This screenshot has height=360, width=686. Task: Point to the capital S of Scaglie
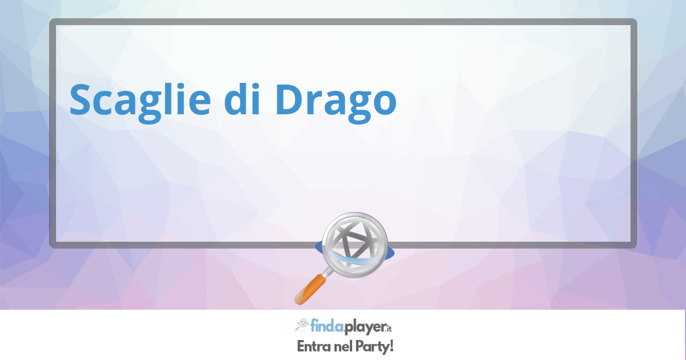pyautogui.click(x=81, y=99)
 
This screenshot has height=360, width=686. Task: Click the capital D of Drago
pyautogui.click(x=290, y=99)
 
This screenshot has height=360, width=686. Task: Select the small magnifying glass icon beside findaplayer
pyautogui.click(x=302, y=325)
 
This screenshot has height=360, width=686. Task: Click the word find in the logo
pyautogui.click(x=321, y=325)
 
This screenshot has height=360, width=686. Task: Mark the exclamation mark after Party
pyautogui.click(x=390, y=346)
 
